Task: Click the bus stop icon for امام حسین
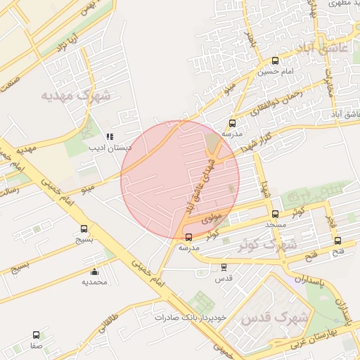274,60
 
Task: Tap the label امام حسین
274,71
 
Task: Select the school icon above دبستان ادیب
109,136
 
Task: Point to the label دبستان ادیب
109,148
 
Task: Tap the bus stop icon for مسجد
275,214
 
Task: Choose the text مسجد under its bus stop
275,224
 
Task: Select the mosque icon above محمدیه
95,271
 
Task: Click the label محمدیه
95,282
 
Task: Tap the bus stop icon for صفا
35,335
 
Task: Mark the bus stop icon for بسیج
84,229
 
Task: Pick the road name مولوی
212,219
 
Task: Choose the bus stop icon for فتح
338,240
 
